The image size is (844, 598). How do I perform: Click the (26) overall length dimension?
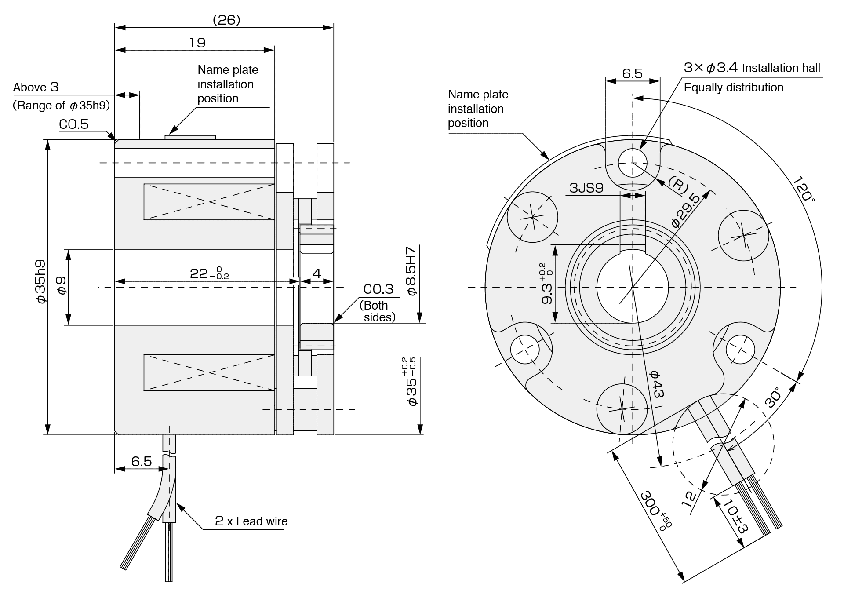(226, 20)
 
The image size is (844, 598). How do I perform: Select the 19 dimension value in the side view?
(197, 43)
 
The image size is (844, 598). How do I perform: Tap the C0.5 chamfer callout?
(74, 124)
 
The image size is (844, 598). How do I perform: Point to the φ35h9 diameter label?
(40, 281)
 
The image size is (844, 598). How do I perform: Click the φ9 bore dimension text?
(62, 285)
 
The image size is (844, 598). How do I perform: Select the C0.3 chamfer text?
(378, 289)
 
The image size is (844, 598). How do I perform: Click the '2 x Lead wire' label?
(251, 521)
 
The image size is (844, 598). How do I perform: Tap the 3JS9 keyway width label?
(586, 188)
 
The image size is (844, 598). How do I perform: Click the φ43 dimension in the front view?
(656, 384)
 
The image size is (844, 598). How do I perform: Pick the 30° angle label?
(773, 397)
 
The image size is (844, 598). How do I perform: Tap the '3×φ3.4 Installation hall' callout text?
(752, 68)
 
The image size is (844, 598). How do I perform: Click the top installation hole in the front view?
(633, 163)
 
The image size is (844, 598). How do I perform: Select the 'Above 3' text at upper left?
(36, 87)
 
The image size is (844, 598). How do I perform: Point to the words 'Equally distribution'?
(733, 88)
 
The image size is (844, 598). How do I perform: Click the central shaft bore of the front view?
(633, 287)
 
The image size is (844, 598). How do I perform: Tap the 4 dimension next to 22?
(316, 273)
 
